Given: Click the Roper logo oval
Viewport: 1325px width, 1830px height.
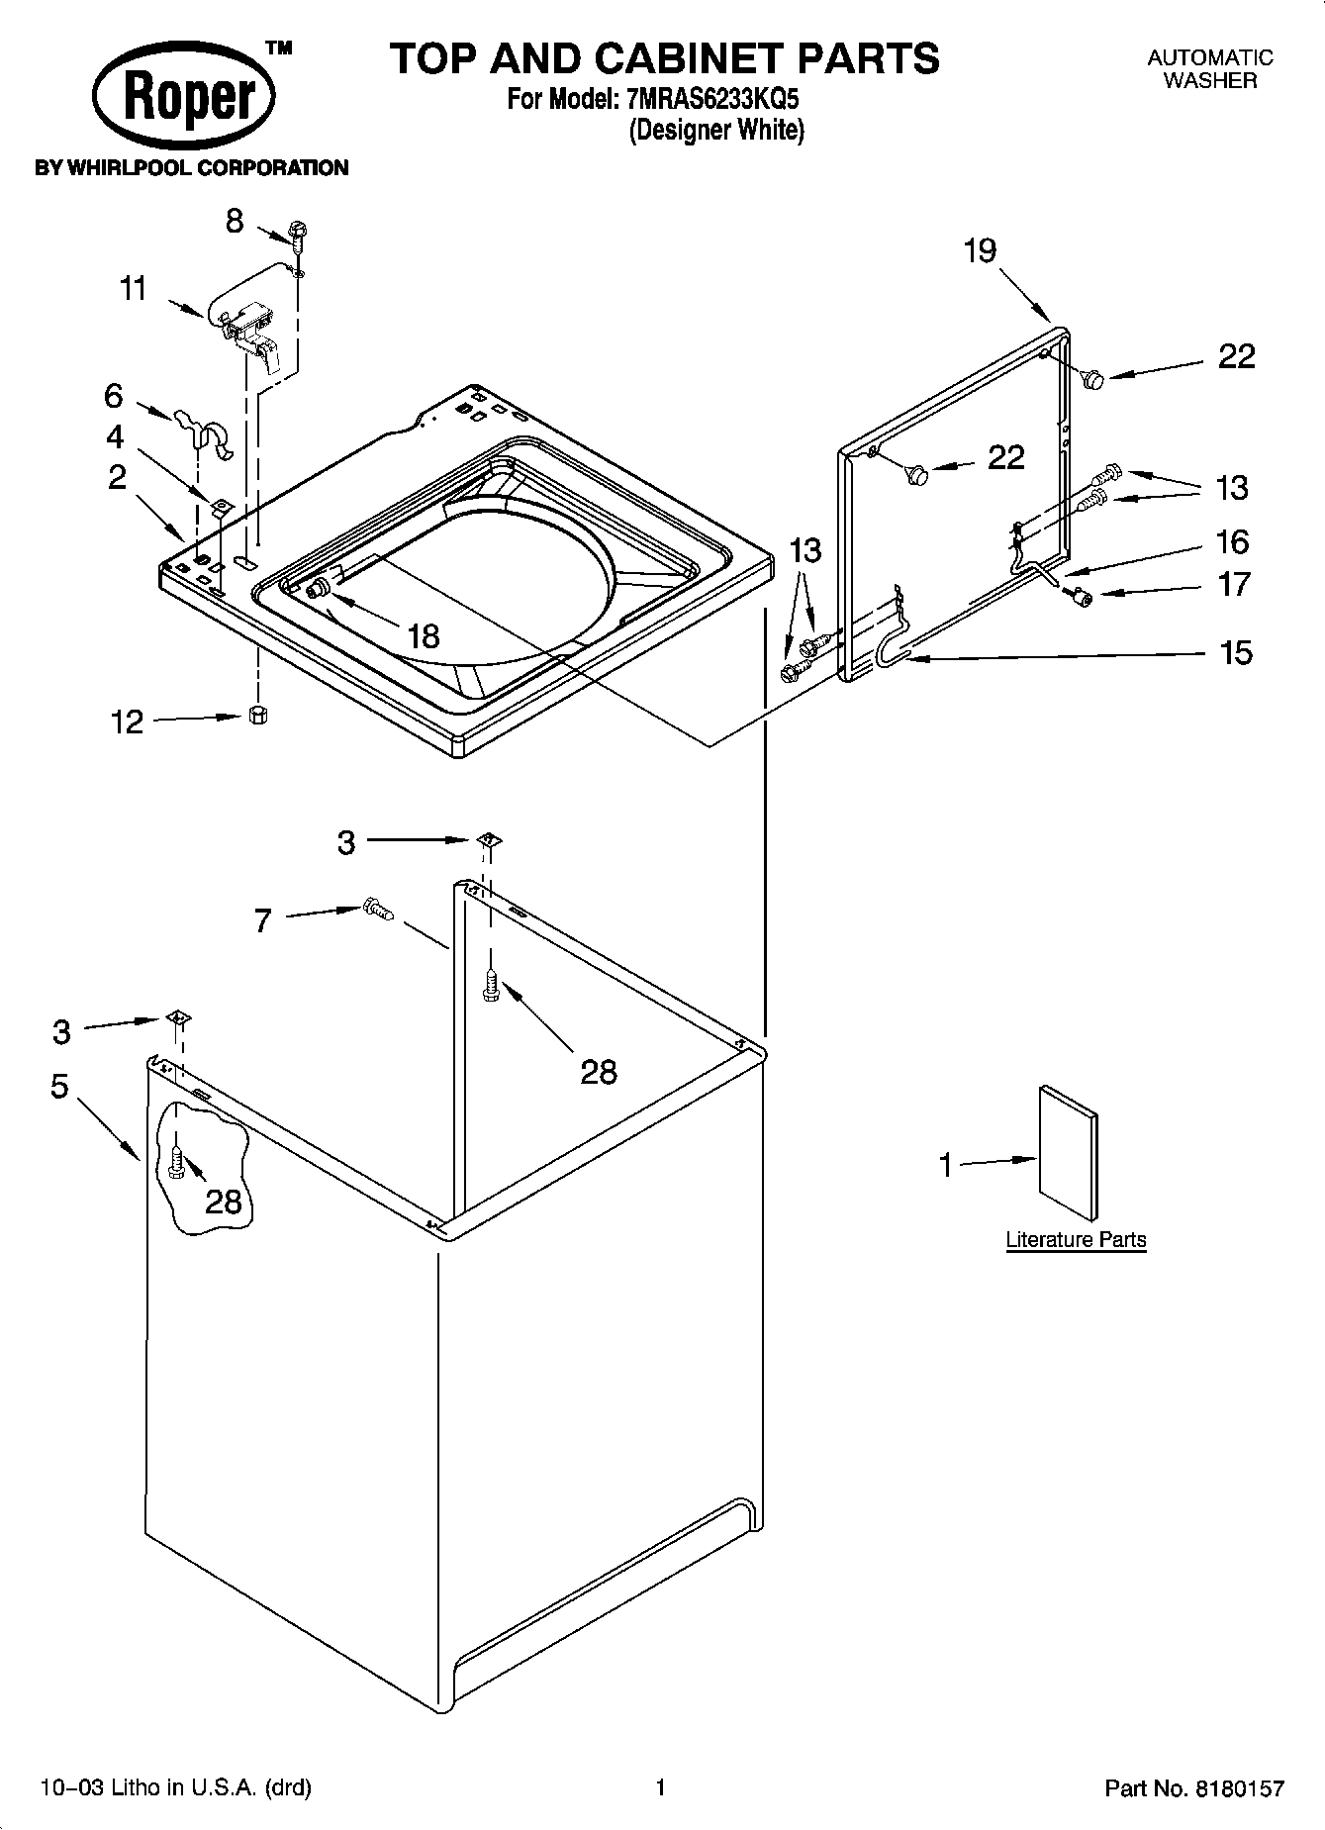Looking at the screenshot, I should click(x=184, y=99).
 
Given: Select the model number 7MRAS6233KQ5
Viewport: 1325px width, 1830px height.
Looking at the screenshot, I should click(x=706, y=99).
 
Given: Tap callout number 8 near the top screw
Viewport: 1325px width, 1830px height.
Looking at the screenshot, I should click(x=234, y=221).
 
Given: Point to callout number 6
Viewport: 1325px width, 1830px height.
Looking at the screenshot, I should click(x=114, y=396).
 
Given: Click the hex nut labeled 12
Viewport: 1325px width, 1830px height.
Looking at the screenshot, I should click(x=257, y=715).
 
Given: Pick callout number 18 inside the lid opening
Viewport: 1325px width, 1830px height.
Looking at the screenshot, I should click(x=423, y=635).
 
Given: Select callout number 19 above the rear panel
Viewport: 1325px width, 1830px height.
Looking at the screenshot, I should click(x=980, y=251).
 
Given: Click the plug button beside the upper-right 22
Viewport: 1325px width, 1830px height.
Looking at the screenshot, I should click(x=1092, y=377).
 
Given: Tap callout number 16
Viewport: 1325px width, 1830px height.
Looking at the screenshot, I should click(x=1232, y=541).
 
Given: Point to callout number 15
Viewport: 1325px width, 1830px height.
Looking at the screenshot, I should click(x=1236, y=652).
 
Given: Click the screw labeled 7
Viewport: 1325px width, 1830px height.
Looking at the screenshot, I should click(x=377, y=908).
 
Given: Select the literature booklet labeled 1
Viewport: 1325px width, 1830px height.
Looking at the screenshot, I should click(x=1068, y=1153).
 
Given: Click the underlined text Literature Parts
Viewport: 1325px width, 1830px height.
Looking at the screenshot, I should click(x=1076, y=1239).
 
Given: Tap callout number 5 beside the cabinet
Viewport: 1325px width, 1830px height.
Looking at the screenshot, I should click(x=59, y=1086).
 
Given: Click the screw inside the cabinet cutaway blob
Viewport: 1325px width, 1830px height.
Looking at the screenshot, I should click(x=177, y=1161).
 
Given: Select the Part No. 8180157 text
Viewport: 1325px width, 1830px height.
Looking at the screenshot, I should click(x=1193, y=1787).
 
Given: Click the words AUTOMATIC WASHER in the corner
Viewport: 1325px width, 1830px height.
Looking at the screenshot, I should click(x=1209, y=69).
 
